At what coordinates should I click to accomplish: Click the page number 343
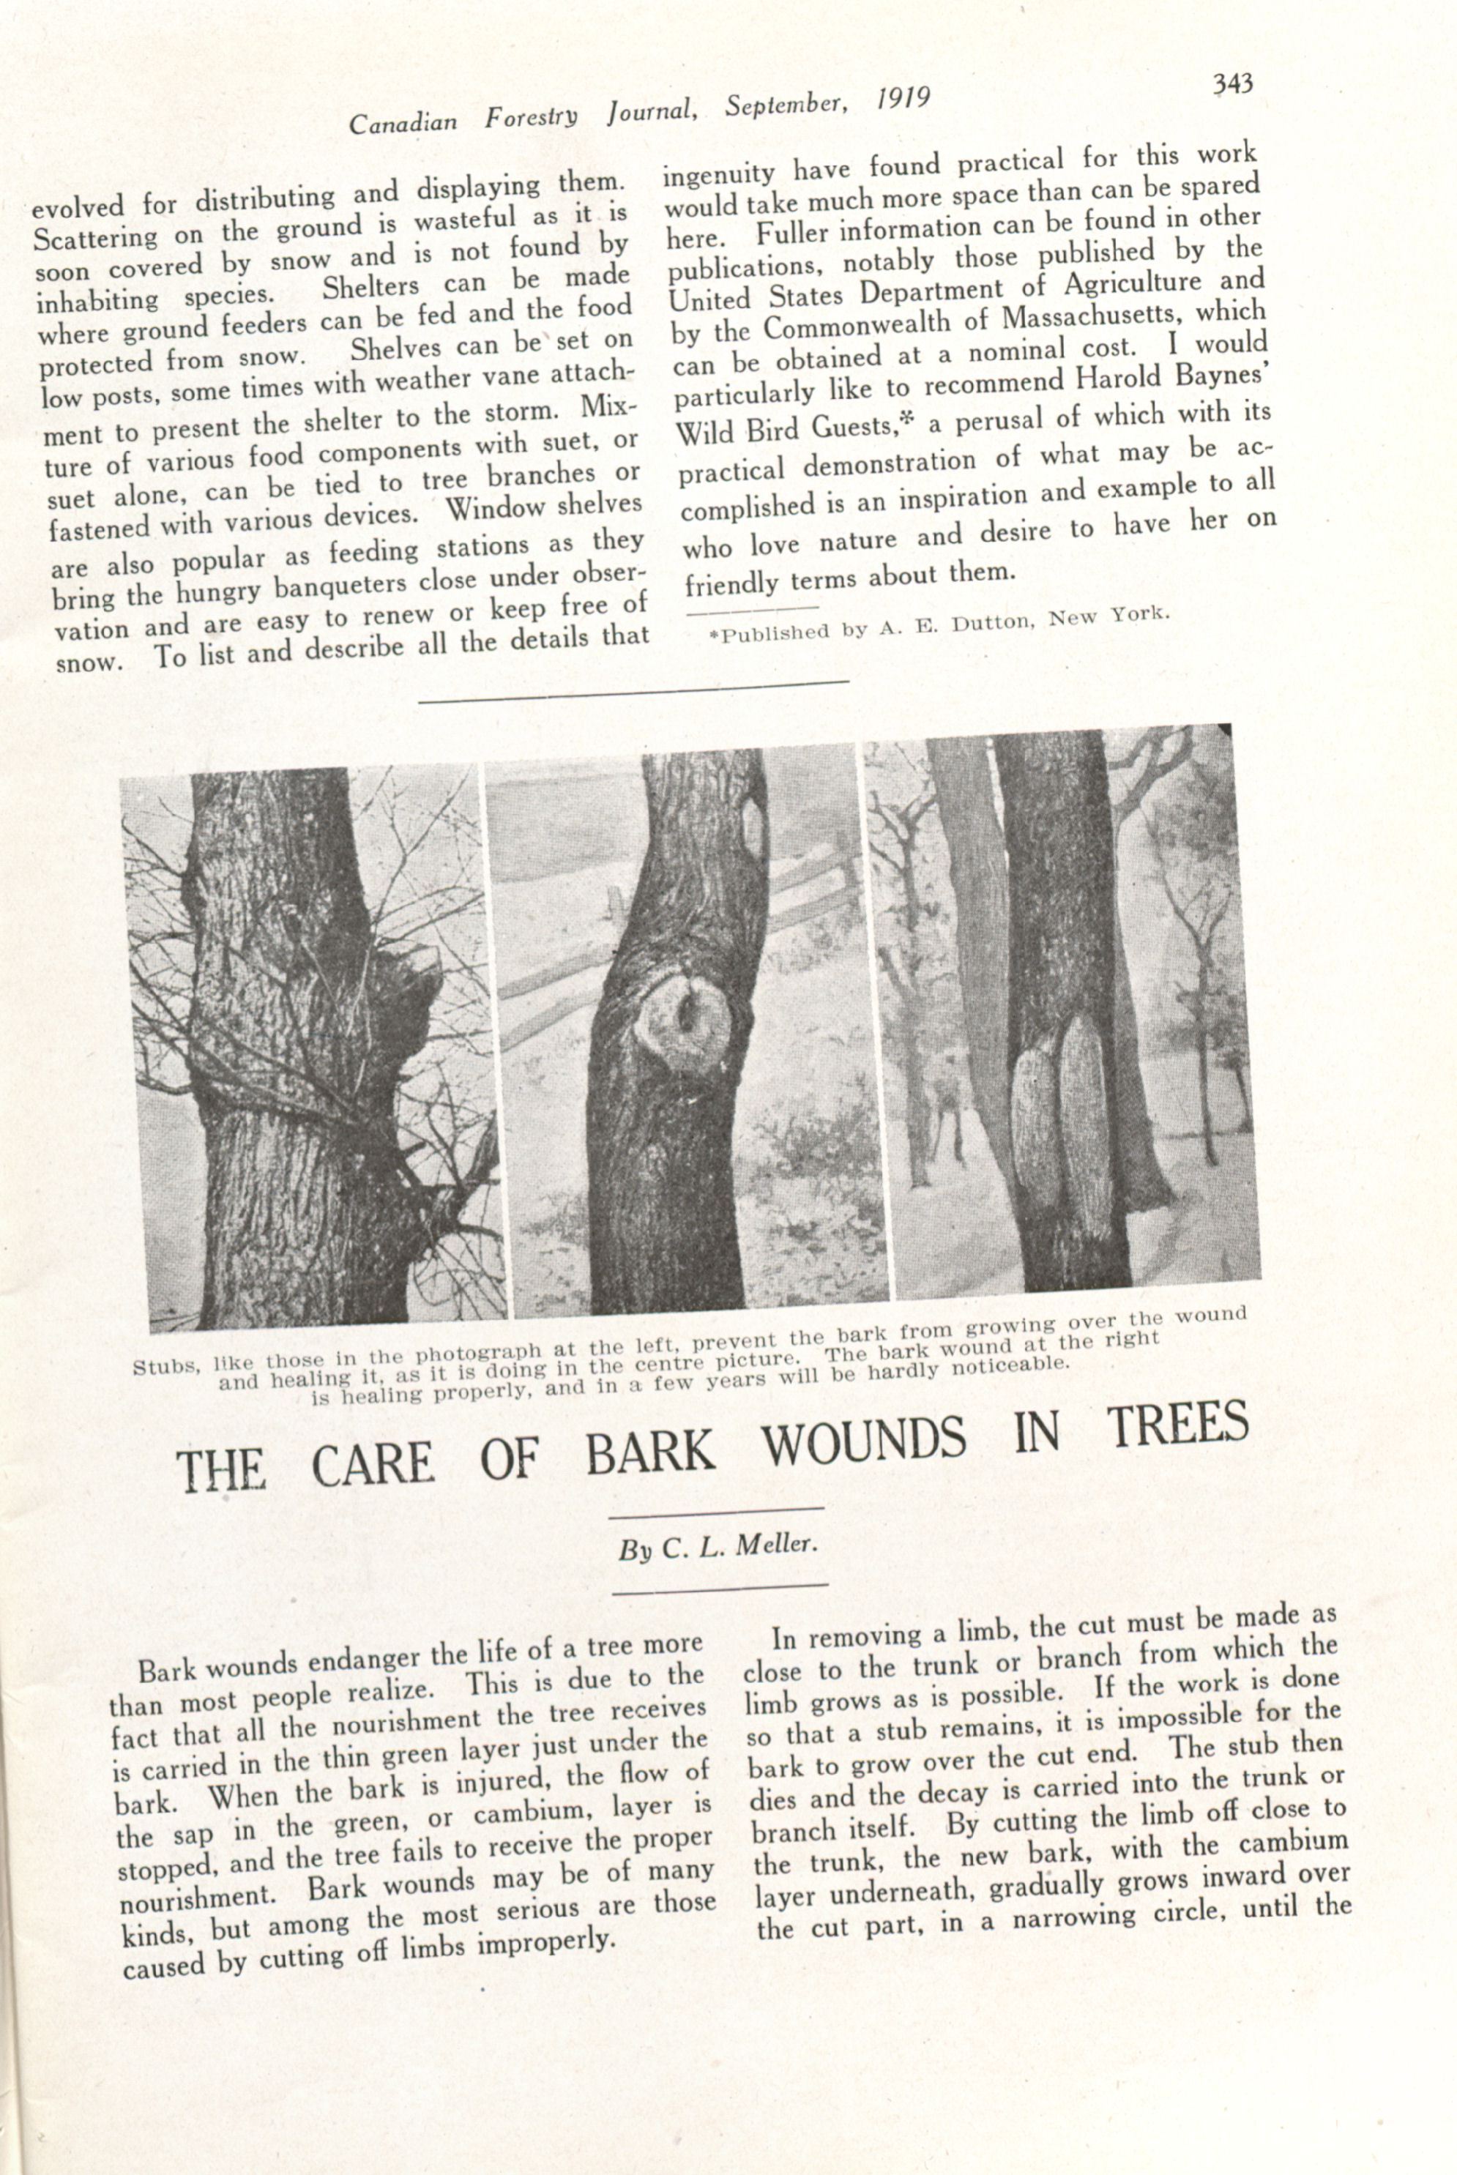[x=1233, y=84]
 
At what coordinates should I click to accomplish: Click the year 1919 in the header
[x=902, y=100]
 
